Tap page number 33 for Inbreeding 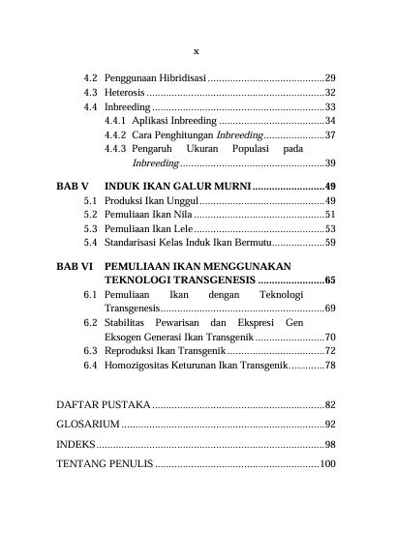click(x=330, y=106)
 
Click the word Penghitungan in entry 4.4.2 click(x=183, y=135)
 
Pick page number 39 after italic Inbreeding click(x=330, y=163)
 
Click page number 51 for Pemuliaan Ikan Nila click(x=330, y=214)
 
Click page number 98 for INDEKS click(x=330, y=444)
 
